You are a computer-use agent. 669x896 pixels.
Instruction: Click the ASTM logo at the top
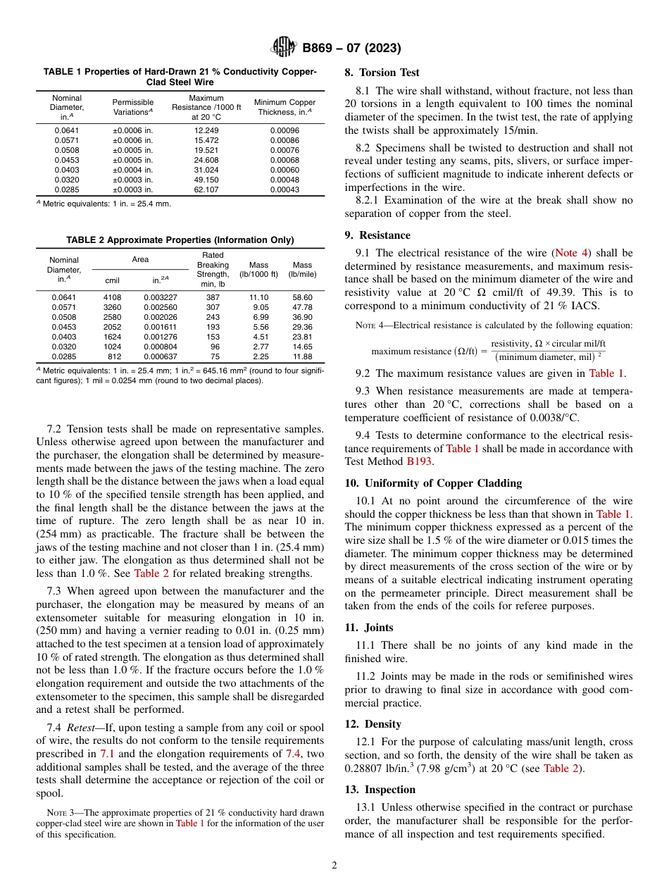pyautogui.click(x=285, y=48)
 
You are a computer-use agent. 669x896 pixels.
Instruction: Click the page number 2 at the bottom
pyautogui.click(x=334, y=865)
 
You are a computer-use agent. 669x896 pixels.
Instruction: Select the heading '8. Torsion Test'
pyautogui.click(x=382, y=73)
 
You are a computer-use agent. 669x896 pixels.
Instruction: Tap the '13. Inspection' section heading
pyautogui.click(x=380, y=790)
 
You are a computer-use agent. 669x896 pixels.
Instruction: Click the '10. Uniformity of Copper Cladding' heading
pyautogui.click(x=433, y=483)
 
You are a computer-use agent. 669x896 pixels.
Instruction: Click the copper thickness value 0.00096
pyautogui.click(x=285, y=130)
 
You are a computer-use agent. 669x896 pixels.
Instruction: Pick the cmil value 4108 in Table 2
pyautogui.click(x=113, y=297)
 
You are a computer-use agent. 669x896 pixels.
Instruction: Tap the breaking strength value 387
pyautogui.click(x=213, y=297)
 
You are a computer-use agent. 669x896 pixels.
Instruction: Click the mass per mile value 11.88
pyautogui.click(x=302, y=356)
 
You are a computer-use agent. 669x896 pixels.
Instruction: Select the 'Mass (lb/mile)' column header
pyautogui.click(x=302, y=270)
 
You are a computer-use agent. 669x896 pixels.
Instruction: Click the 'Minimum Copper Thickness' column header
pyautogui.click(x=285, y=107)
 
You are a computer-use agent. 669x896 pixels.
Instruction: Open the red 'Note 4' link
pyautogui.click(x=571, y=252)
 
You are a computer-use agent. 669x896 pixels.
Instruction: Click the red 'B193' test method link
pyautogui.click(x=419, y=461)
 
